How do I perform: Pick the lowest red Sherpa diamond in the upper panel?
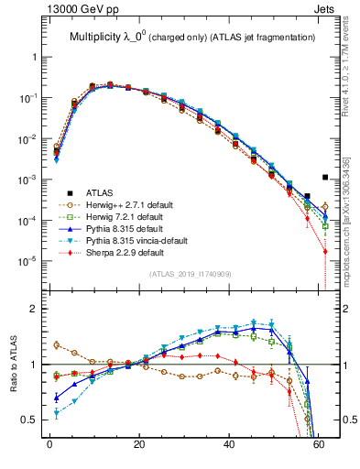click(x=325, y=251)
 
